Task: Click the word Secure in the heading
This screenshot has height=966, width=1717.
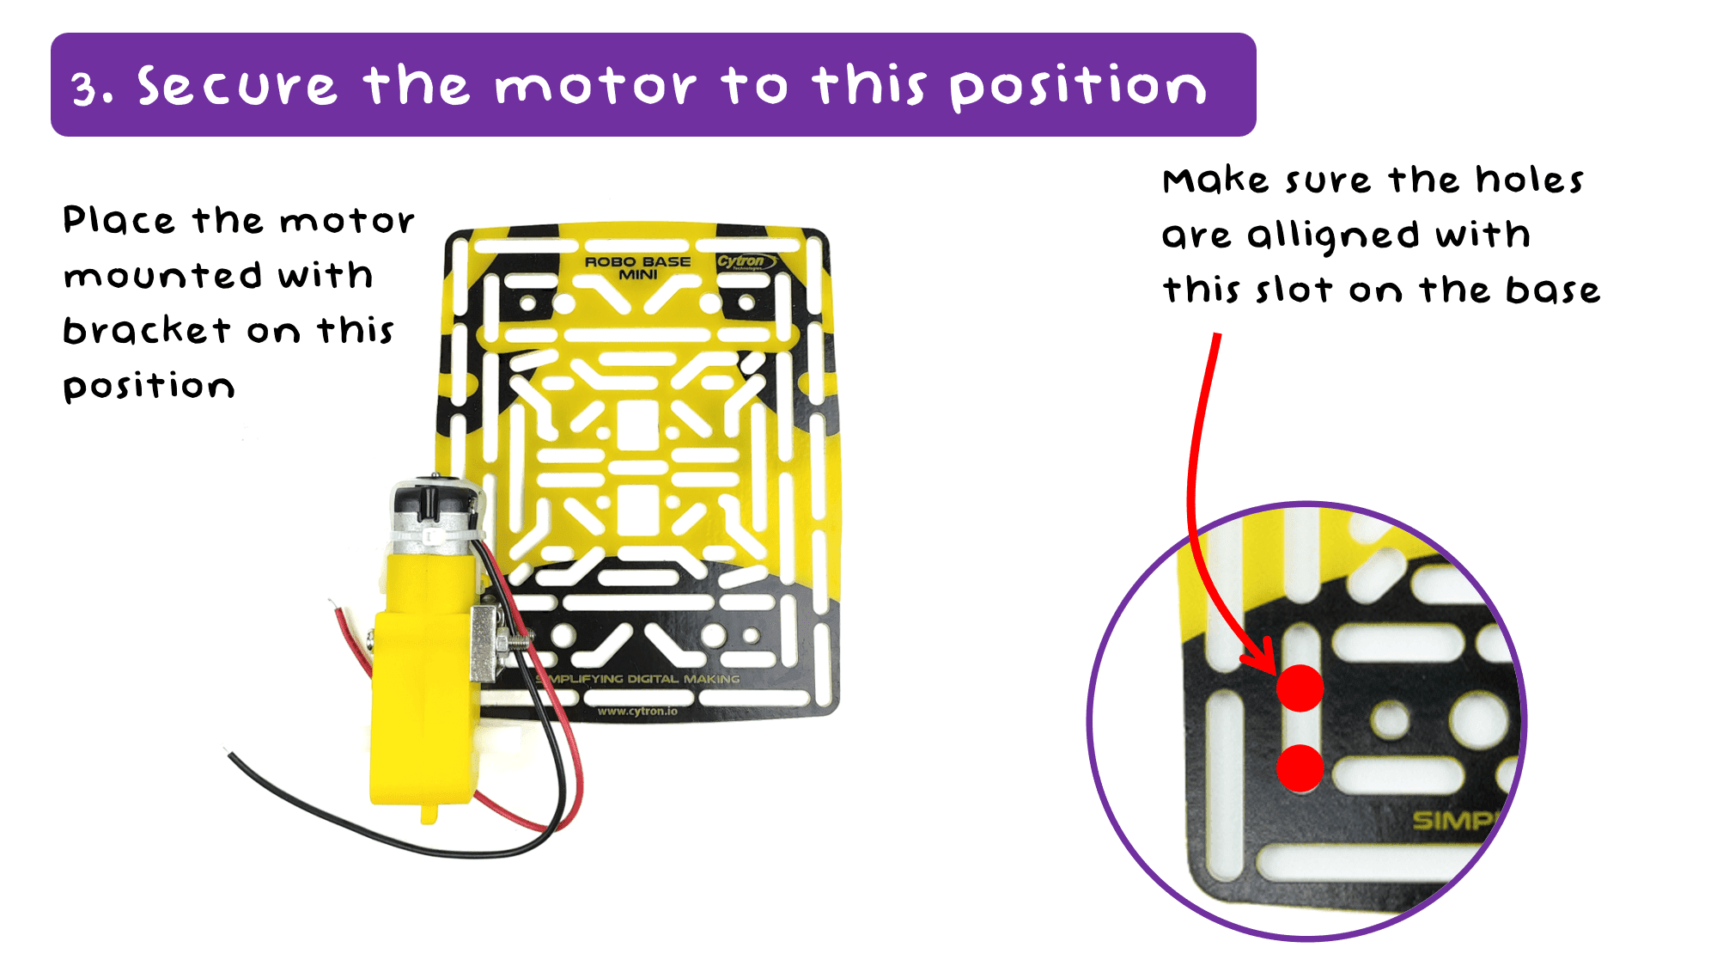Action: (236, 87)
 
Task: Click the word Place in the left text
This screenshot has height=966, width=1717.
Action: (119, 221)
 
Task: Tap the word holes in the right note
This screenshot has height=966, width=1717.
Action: (1530, 180)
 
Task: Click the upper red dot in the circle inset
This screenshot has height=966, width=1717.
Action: (1300, 688)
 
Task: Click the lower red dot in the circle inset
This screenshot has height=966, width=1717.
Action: (1300, 767)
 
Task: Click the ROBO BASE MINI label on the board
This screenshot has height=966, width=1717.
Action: (637, 267)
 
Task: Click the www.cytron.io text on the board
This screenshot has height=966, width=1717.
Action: (637, 711)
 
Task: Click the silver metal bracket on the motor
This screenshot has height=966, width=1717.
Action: (487, 643)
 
